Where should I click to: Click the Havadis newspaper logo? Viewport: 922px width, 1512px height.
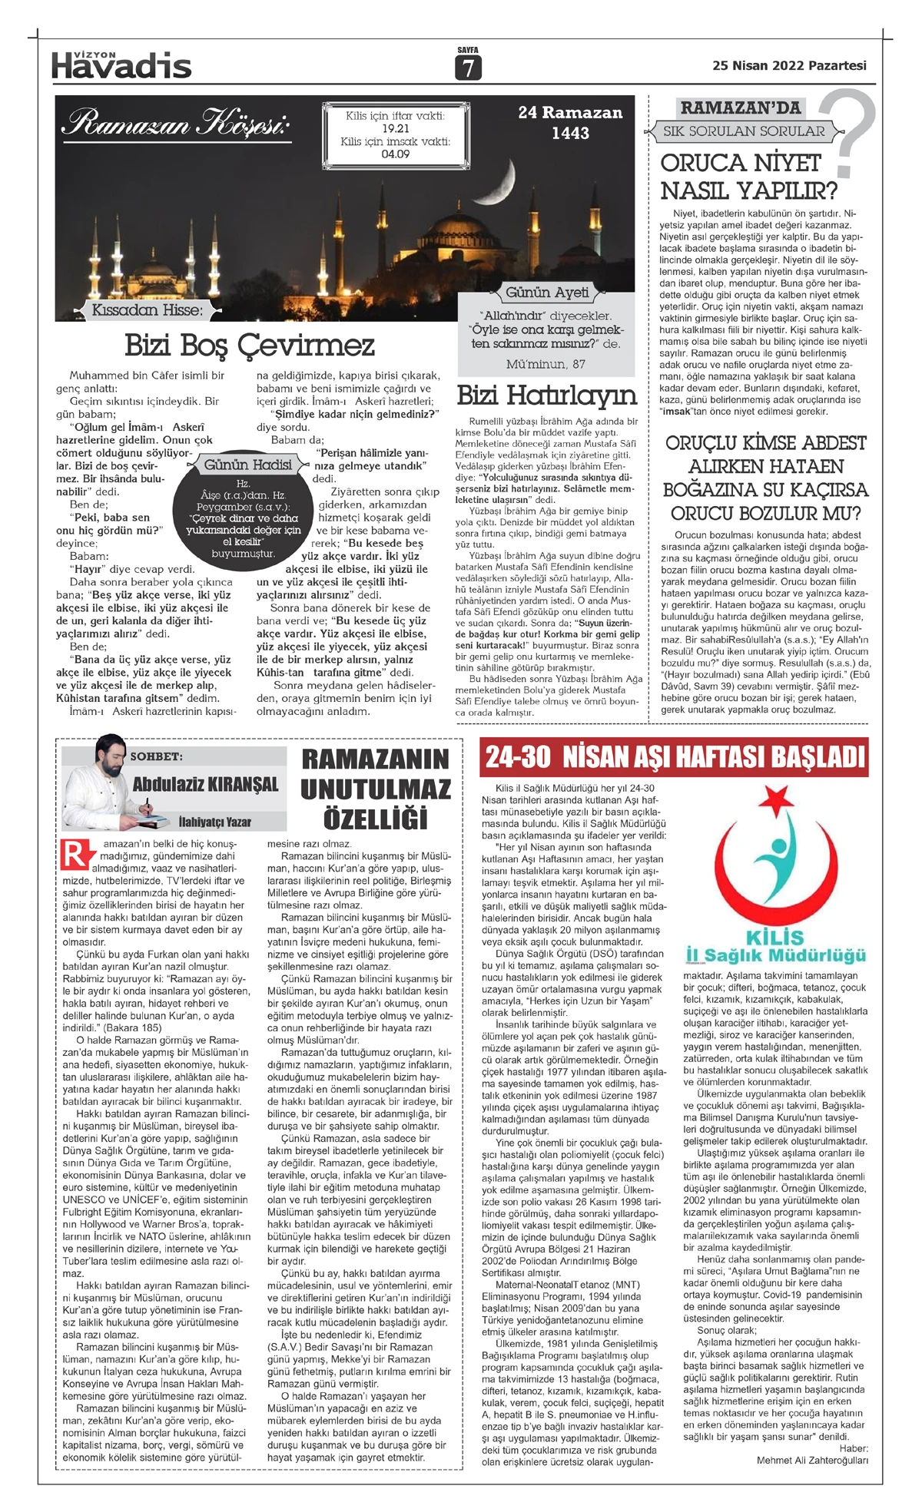tap(121, 65)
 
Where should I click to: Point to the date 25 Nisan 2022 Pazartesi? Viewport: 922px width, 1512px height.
tap(789, 66)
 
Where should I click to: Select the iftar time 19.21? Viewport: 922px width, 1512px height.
tap(395, 128)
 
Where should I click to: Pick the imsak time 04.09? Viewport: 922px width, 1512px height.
tap(395, 154)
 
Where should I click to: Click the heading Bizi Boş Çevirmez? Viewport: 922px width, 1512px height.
tap(250, 346)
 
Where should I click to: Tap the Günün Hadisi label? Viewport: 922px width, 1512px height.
tap(247, 465)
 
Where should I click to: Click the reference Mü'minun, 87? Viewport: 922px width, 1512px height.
tap(546, 364)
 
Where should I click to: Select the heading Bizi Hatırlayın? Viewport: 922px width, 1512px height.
tap(546, 396)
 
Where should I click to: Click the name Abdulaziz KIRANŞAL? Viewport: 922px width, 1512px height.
tap(205, 784)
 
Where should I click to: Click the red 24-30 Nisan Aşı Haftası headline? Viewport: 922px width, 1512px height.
tap(675, 758)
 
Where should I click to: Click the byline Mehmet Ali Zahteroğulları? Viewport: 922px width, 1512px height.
tap(812, 1460)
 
